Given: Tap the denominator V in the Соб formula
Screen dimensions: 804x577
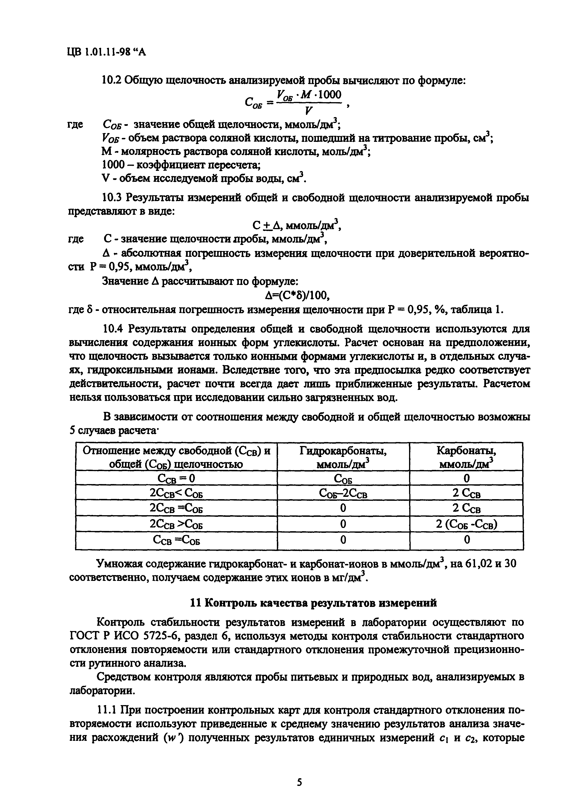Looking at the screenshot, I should click(x=308, y=111).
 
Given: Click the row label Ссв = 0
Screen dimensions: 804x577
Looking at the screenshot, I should click(x=176, y=478).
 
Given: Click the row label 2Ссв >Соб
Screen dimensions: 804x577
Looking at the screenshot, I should click(x=176, y=524).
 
